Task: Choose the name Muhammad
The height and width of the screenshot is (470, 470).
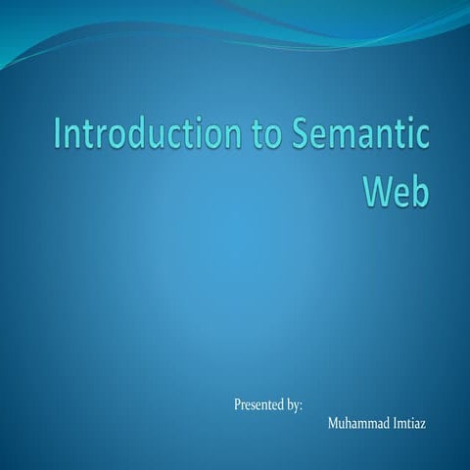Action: click(357, 424)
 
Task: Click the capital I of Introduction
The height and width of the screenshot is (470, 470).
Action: click(58, 136)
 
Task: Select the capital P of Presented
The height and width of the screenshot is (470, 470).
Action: click(238, 403)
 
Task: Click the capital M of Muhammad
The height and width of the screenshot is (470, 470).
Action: click(333, 424)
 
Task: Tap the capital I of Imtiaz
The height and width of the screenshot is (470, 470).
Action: click(397, 424)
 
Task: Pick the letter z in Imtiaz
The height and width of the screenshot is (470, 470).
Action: click(435, 425)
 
